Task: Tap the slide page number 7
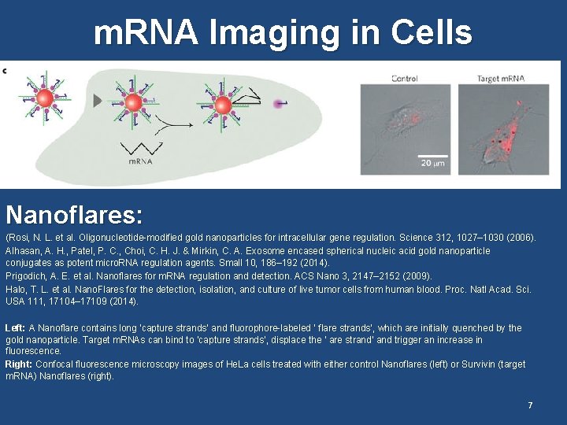530,405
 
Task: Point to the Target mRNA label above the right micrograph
501,78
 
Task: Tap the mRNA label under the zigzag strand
139,161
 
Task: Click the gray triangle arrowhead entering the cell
98,101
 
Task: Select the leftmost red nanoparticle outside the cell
45,98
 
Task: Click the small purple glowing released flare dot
278,103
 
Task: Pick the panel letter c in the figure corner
5,70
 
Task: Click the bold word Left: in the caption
15,328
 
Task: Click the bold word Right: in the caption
18,364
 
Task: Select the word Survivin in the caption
470,364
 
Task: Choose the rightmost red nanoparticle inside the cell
223,103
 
